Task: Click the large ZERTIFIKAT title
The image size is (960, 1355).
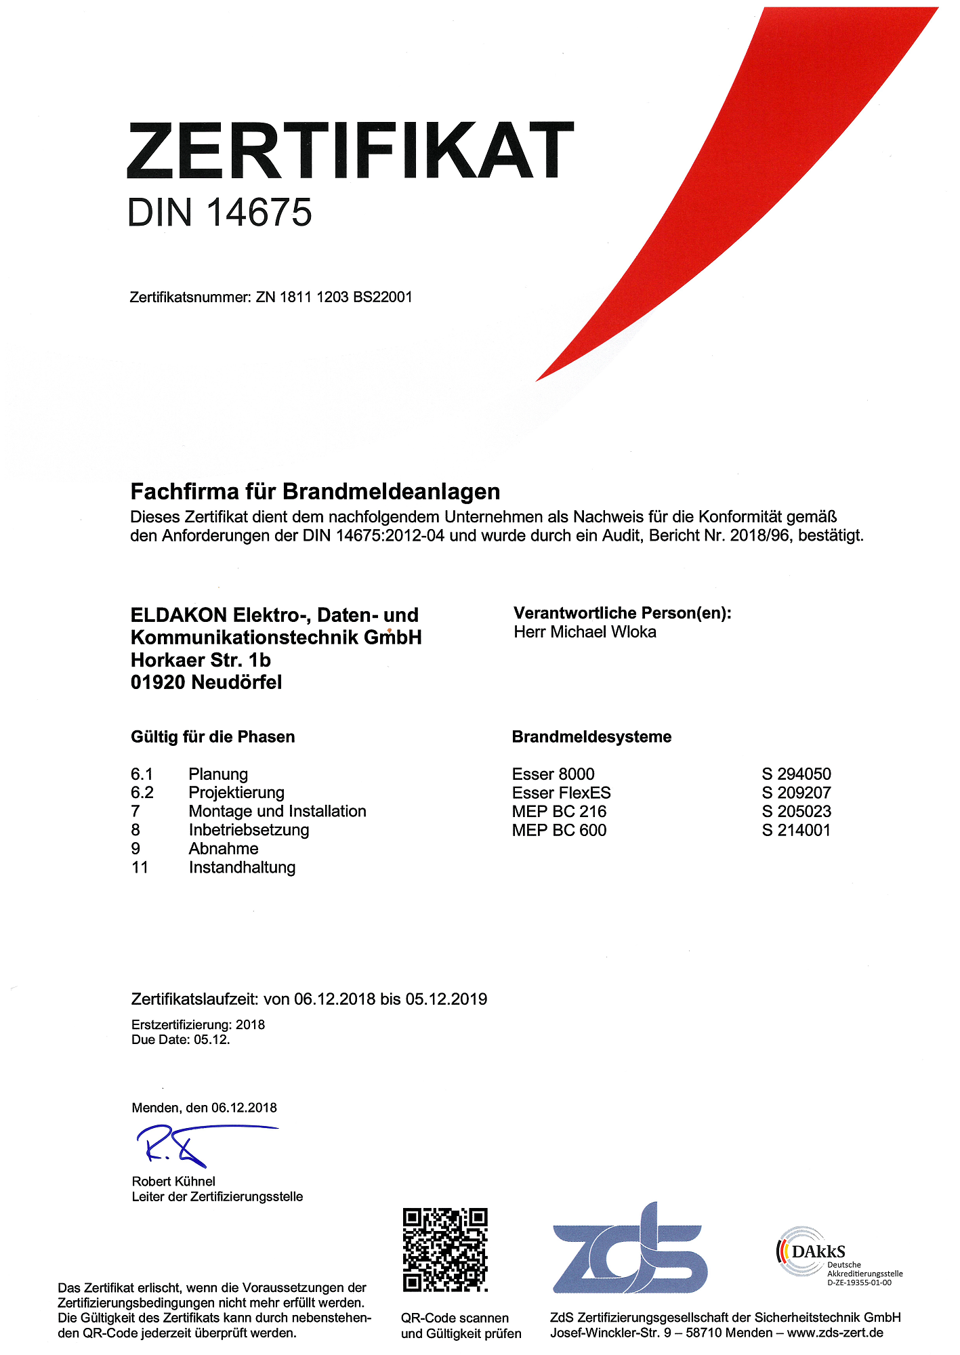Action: coord(350,150)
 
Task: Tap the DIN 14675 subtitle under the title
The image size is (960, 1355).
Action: coord(220,213)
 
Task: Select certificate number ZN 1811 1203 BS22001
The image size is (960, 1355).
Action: coord(333,297)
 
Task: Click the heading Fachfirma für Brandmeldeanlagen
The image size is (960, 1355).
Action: coord(315,491)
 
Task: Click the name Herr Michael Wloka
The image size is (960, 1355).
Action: coord(585,632)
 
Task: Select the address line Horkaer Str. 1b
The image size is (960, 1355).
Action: coord(201,660)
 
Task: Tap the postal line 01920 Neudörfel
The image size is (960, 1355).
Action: coord(206,682)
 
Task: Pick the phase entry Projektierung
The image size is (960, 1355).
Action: coord(236,793)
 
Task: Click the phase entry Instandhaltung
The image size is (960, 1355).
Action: coord(242,867)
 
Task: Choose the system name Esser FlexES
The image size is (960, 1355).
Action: coord(561,793)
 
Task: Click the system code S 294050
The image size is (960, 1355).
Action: coord(796,774)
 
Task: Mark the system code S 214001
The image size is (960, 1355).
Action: coord(796,830)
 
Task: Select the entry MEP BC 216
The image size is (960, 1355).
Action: coord(559,811)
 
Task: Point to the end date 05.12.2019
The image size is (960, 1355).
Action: coord(446,999)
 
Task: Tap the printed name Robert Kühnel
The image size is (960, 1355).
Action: coord(173,1181)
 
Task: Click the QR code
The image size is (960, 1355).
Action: coord(445,1249)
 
